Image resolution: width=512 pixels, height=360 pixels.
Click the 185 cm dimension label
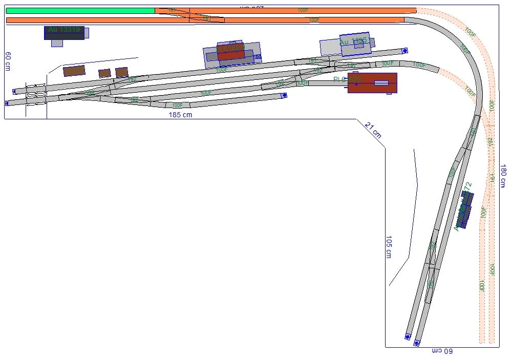pyautogui.click(x=180, y=115)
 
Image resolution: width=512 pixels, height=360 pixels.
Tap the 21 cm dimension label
pyautogui.click(x=373, y=131)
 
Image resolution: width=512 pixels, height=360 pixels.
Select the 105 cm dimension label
pyautogui.click(x=388, y=247)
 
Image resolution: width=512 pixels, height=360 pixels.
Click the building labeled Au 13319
pyautogui.click(x=64, y=33)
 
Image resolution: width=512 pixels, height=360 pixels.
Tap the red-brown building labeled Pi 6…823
pyautogui.click(x=372, y=82)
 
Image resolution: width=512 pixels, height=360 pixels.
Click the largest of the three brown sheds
pyautogui.click(x=74, y=71)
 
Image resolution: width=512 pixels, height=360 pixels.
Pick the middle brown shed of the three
pyautogui.click(x=104, y=73)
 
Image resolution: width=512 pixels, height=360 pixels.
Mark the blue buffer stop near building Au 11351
pyautogui.click(x=404, y=50)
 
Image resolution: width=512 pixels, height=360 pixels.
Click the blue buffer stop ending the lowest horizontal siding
pyautogui.click(x=284, y=95)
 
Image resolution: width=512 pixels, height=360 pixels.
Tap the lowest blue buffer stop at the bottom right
pyautogui.click(x=417, y=343)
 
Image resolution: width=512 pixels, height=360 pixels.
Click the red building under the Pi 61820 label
pyautogui.click(x=230, y=54)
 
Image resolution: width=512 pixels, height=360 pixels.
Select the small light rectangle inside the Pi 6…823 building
pyautogui.click(x=381, y=83)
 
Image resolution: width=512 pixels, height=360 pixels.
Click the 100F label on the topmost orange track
pyautogui.click(x=303, y=10)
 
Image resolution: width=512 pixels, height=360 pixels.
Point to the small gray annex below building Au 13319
pyautogui.click(x=57, y=44)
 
